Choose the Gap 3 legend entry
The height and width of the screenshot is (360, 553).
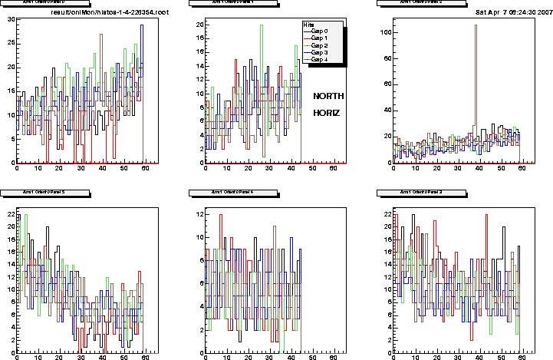[x=325, y=52]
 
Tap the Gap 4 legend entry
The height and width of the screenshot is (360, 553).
[x=325, y=59]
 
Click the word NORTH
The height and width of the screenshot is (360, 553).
[x=328, y=96]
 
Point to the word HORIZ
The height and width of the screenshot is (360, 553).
[x=327, y=113]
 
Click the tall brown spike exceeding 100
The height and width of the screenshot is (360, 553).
[x=476, y=26]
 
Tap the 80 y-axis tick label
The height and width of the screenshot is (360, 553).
[x=387, y=58]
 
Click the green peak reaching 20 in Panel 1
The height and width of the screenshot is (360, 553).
[x=262, y=26]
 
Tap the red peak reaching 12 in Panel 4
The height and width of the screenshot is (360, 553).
[x=221, y=215]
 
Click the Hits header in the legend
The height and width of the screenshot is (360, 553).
[x=309, y=25]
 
